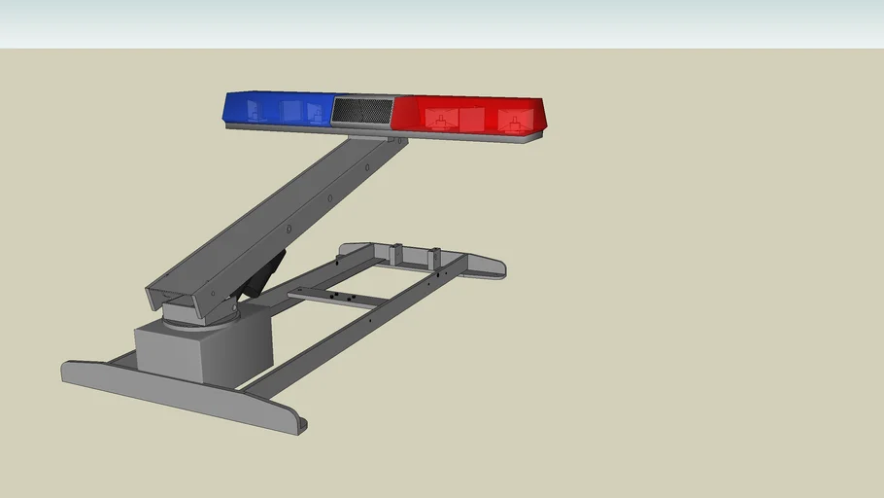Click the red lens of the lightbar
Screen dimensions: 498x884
pos(466,114)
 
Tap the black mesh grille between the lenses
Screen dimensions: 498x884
pos(360,110)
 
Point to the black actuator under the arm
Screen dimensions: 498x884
pos(262,274)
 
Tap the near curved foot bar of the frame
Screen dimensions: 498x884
pos(185,397)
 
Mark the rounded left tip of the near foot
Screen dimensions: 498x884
pos(68,370)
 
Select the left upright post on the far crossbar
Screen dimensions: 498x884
pos(395,253)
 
